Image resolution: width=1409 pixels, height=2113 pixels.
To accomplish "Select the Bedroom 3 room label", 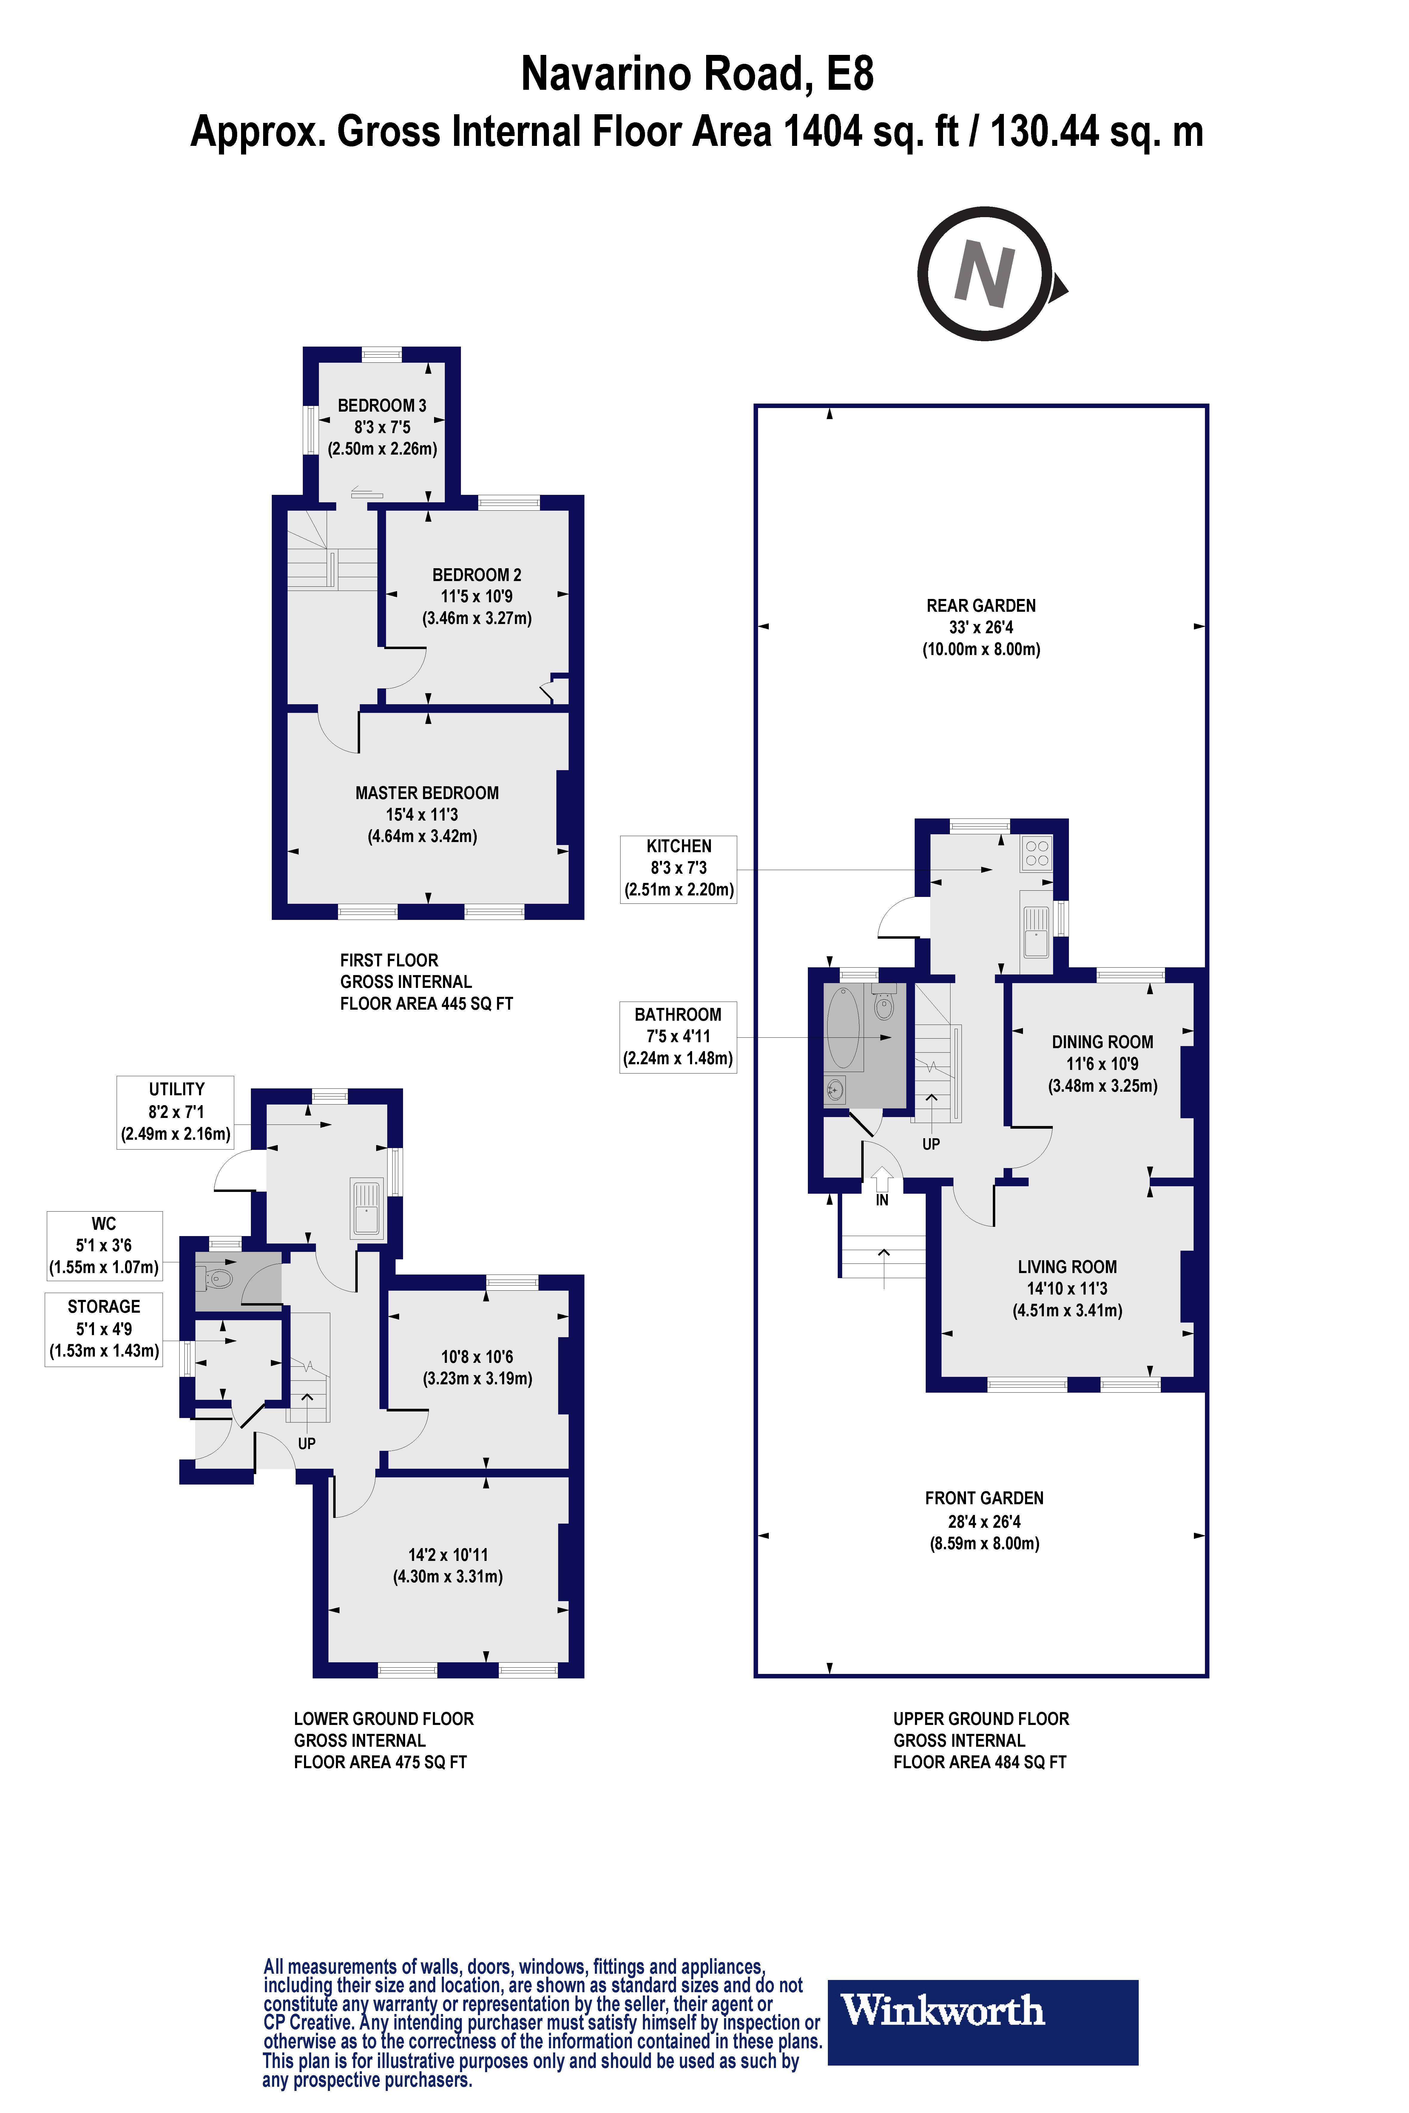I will pos(382,405).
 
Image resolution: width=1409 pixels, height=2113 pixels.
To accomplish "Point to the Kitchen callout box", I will pos(678,869).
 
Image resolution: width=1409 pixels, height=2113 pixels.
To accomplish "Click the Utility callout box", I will pos(175,1111).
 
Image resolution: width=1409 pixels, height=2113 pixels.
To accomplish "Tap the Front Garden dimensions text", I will pos(984,1533).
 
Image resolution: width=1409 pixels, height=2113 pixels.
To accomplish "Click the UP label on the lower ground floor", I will pos(306,1444).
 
